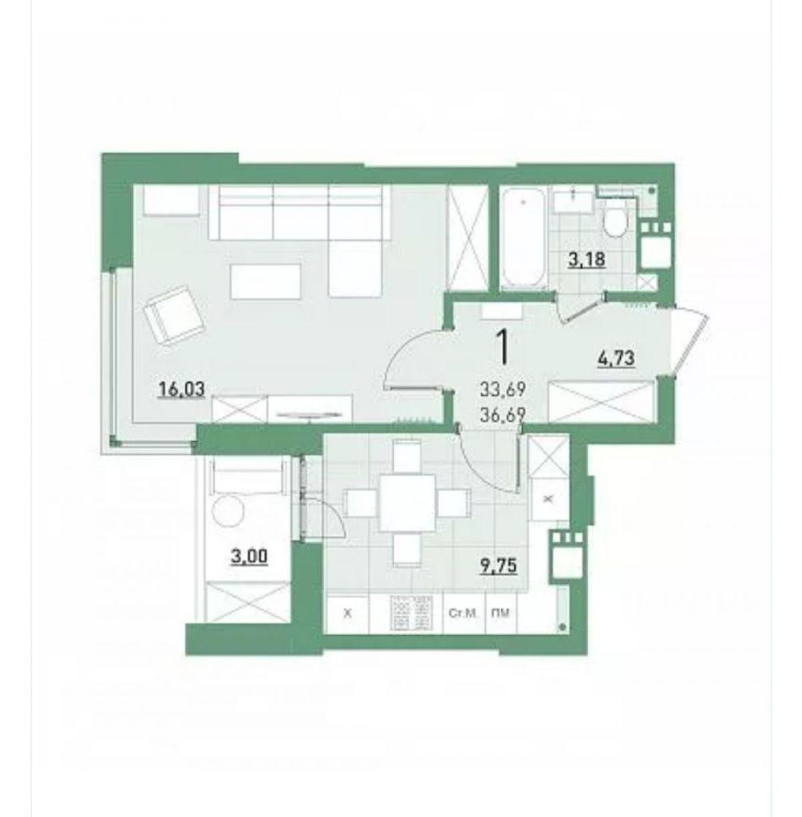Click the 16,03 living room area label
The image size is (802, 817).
182,389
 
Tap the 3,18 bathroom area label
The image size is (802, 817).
587,259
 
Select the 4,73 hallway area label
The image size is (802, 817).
615,358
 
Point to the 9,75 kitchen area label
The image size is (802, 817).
499,566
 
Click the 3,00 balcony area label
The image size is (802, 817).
249,556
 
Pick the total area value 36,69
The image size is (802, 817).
503,414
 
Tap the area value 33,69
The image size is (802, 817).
503,389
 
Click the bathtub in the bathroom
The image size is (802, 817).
523,238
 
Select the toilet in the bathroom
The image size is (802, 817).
615,221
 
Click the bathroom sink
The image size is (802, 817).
573,201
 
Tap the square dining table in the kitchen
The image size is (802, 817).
407,503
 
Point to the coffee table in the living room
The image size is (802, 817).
266,282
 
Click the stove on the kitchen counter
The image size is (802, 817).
412,614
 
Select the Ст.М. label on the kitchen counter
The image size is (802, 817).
464,614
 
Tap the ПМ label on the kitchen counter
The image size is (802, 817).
500,614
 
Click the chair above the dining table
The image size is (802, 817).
406,457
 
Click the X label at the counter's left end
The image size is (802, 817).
348,614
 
